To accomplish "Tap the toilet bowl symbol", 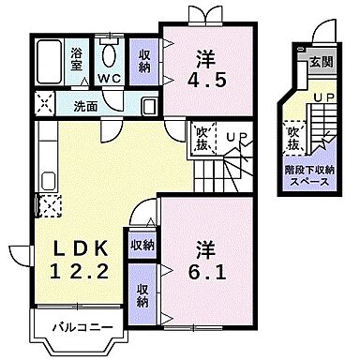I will click(x=111, y=51).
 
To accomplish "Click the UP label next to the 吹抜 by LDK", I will click(x=236, y=138).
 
